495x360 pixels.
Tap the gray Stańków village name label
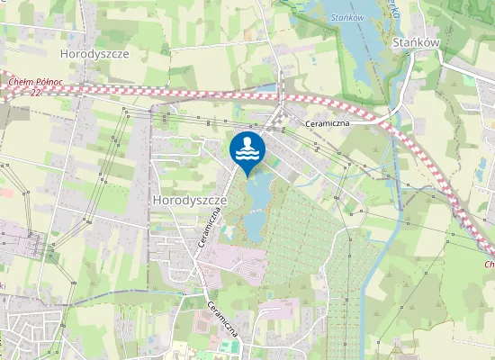click(416, 41)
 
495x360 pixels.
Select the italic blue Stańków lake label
click(346, 16)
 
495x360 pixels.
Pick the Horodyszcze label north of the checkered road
click(94, 54)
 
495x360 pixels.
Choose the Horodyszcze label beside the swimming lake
click(188, 198)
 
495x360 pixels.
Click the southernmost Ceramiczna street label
click(223, 317)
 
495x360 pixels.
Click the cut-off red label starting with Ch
click(489, 265)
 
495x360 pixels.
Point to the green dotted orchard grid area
click(306, 225)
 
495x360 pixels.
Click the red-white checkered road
click(180, 92)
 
